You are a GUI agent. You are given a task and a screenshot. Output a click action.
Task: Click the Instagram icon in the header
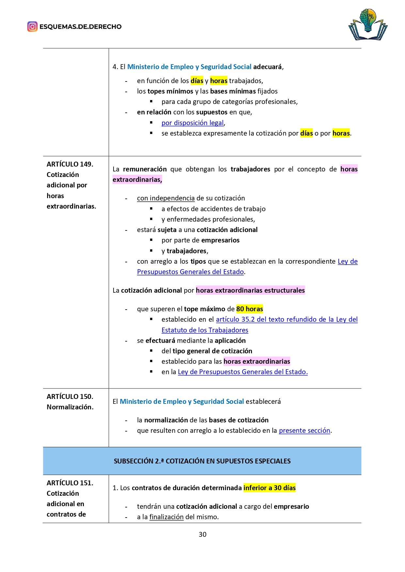[32, 26]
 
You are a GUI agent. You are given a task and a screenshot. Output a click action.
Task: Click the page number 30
[202, 534]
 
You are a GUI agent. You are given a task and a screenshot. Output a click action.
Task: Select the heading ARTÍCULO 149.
[70, 164]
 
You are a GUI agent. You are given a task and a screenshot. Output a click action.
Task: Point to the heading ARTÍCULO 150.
[70, 397]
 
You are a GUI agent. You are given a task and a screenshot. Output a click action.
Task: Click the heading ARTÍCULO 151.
[70, 483]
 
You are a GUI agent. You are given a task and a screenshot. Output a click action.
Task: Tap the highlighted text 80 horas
[250, 309]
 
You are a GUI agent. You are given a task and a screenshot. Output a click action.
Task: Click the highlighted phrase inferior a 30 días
[270, 488]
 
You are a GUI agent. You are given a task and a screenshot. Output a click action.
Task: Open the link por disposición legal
[193, 123]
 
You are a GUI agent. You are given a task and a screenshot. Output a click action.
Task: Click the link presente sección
[304, 431]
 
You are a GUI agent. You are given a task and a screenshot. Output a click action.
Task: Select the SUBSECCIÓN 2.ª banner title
[202, 461]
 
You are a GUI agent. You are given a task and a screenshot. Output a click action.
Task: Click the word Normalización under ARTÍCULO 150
[70, 407]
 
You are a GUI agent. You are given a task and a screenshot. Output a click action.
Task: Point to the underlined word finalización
[166, 517]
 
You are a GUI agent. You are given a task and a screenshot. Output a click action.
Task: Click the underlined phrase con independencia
[166, 198]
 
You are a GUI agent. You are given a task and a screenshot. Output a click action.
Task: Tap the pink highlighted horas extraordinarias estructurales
[250, 290]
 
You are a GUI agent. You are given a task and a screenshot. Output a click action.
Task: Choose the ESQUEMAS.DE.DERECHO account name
[80, 27]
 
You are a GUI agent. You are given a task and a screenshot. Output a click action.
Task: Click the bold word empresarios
[220, 240]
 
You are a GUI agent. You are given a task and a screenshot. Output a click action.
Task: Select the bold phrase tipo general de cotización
[212, 351]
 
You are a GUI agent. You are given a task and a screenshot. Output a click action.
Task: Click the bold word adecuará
[268, 67]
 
